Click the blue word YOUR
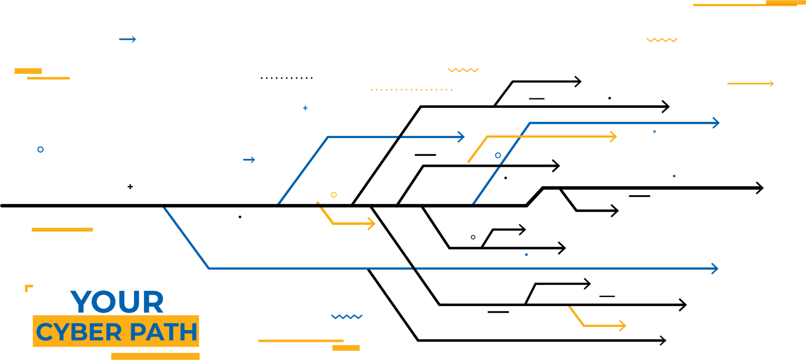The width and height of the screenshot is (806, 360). coord(117,302)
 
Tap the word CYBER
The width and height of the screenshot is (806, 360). coord(79,332)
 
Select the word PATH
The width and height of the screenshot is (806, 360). coord(163,332)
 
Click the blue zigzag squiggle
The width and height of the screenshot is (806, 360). coord(346,316)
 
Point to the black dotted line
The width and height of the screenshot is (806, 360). coord(286,78)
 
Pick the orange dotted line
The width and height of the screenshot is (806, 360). coord(411,90)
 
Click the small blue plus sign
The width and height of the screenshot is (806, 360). coord(305,108)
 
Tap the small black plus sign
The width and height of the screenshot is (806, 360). coord(130,186)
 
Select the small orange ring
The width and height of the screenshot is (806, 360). coord(334,195)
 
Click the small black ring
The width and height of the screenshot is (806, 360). coord(473,237)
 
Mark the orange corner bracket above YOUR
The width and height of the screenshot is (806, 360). coord(28,288)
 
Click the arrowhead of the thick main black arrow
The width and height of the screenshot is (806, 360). coord(761,188)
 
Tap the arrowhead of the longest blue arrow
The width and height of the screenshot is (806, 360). coord(716,269)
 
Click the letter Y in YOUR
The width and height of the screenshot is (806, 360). coord(81,302)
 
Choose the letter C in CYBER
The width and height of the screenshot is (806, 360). coord(44,332)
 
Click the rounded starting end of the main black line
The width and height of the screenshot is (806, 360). coord(3,205)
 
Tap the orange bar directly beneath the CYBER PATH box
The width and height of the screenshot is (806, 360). coord(155,356)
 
